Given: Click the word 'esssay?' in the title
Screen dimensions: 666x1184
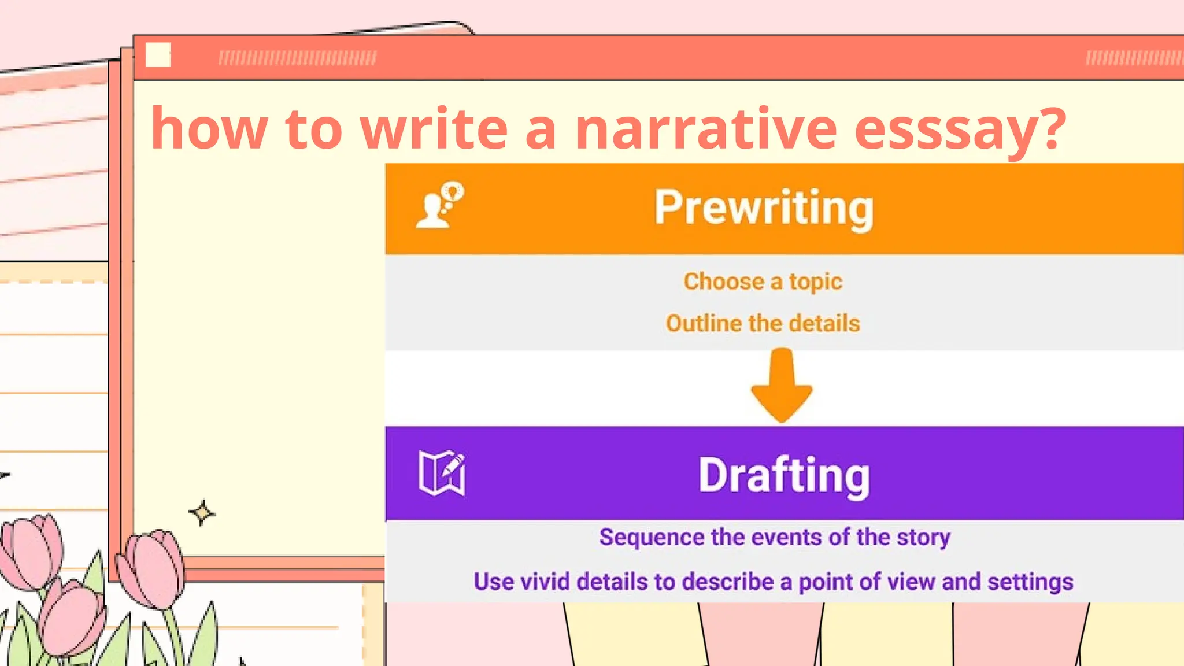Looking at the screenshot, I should (x=960, y=129).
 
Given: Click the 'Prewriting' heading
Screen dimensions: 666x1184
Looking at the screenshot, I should (x=764, y=208).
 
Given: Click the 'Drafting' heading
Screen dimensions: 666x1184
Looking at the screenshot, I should (x=784, y=475).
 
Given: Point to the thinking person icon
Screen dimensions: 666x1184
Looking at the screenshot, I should (x=441, y=206).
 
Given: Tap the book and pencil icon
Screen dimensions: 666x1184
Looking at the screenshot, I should (x=442, y=473).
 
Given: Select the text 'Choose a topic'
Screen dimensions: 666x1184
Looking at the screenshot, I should (x=763, y=282).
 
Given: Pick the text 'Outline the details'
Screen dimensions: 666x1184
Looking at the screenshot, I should (x=763, y=323).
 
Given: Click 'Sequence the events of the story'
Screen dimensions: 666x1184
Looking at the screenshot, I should (x=775, y=537).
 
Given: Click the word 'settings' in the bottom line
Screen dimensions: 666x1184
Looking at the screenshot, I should (x=1030, y=582).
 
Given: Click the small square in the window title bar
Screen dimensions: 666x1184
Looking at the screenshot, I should (x=158, y=55).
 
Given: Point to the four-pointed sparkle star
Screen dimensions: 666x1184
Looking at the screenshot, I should (x=202, y=512).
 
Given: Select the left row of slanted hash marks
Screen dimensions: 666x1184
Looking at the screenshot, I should (x=297, y=58).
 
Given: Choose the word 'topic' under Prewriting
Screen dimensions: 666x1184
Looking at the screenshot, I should (x=815, y=282).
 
